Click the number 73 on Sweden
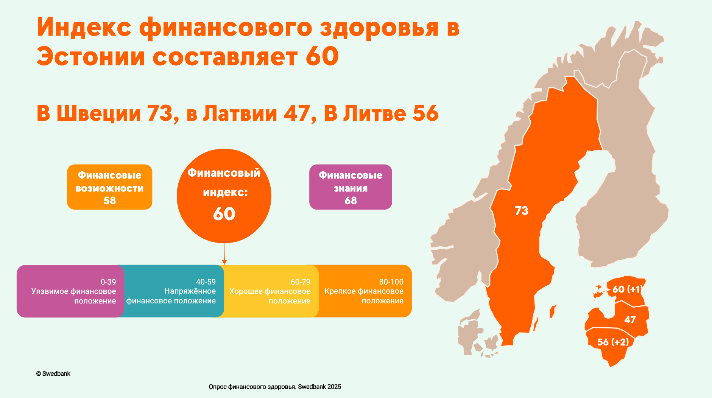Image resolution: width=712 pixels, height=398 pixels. [521, 211]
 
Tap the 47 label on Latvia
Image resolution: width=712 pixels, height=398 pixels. [630, 320]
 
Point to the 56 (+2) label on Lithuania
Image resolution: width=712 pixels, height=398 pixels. [613, 342]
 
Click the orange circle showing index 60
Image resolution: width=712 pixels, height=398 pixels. [224, 196]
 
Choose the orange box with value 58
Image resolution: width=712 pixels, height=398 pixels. [110, 187]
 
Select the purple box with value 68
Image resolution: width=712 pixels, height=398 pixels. [351, 187]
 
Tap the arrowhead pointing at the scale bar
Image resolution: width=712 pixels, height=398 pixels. [224, 262]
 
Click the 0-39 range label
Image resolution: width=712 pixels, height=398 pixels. [108, 282]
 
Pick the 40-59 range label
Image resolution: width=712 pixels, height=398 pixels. [206, 282]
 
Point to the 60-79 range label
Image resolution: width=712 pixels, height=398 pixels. [301, 282]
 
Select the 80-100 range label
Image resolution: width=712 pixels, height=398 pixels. [391, 282]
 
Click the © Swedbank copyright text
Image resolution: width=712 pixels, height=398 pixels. [53, 374]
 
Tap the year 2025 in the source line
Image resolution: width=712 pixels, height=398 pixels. [334, 387]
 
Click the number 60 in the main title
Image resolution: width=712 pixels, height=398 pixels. [322, 56]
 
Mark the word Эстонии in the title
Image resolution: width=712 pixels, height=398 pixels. [91, 56]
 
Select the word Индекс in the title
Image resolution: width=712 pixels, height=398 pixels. [84, 27]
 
